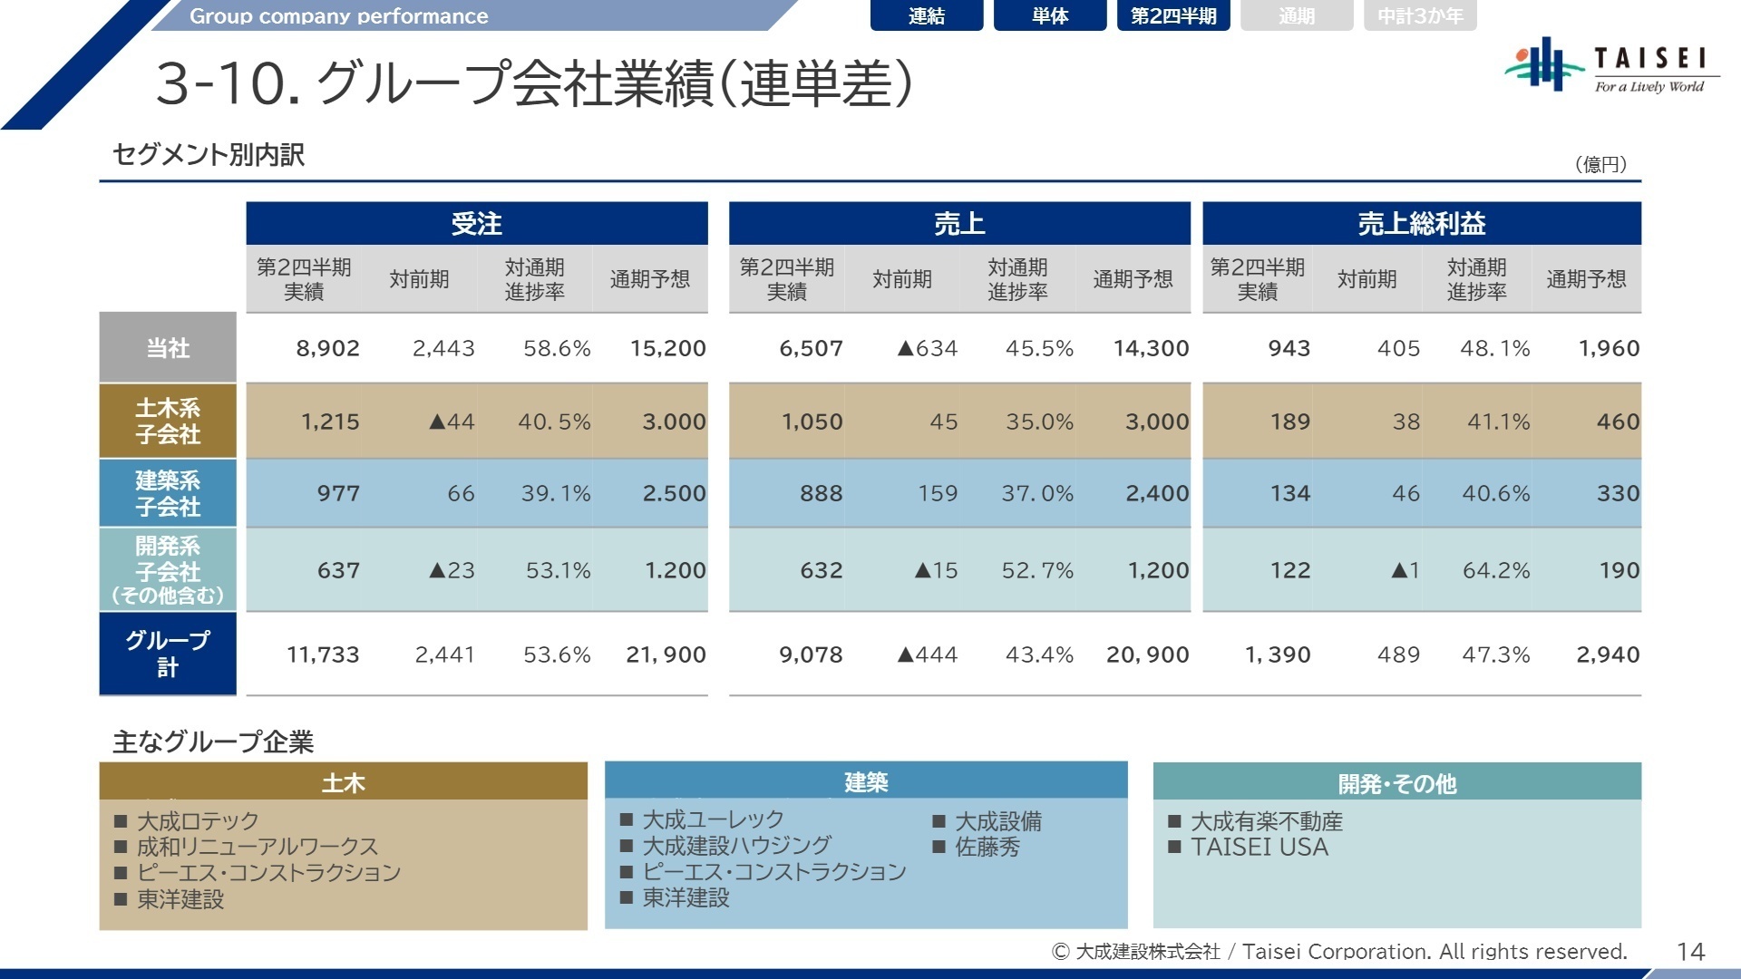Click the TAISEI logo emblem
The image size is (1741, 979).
tap(1542, 63)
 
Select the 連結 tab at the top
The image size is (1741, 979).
tap(926, 15)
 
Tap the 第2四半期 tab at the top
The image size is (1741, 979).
tap(1172, 15)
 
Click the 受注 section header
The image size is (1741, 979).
tap(476, 223)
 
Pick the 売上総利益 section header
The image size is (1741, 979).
tap(1421, 223)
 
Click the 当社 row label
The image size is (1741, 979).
tap(168, 348)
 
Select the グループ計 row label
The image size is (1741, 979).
tap(168, 654)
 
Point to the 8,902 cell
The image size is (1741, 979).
tap(327, 348)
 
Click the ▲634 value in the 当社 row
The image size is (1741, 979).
tap(927, 348)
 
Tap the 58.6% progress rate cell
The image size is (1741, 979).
tap(556, 348)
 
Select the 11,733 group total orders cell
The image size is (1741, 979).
tap(323, 654)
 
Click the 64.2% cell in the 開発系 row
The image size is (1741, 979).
tap(1495, 570)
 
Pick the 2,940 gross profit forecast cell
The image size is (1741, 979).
tap(1607, 654)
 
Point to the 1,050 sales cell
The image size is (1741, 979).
tap(812, 422)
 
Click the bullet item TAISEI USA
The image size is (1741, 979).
tap(1259, 847)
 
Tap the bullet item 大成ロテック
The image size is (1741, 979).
tap(198, 821)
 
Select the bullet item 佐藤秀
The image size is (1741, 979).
tap(987, 847)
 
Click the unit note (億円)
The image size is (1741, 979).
tap(1600, 164)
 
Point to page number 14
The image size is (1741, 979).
tap(1690, 951)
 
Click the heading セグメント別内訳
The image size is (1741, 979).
tap(209, 155)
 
